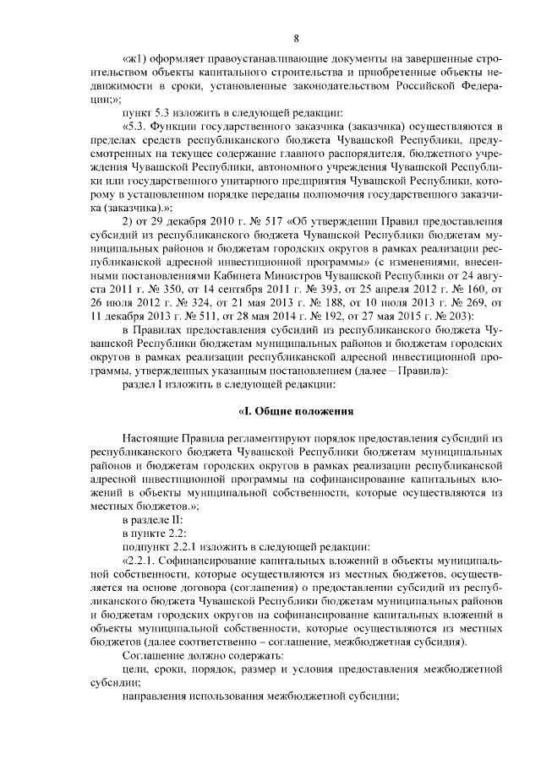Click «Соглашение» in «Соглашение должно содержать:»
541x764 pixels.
156,657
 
